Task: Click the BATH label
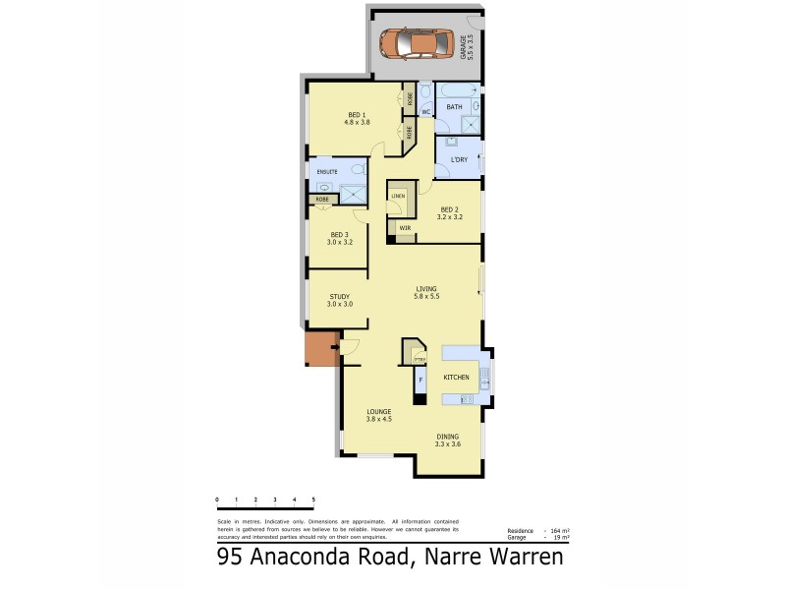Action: (x=454, y=106)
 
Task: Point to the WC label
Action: (x=426, y=112)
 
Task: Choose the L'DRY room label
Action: (x=458, y=159)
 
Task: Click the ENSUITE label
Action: (x=327, y=172)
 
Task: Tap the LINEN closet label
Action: (x=398, y=196)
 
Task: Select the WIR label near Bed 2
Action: (x=404, y=228)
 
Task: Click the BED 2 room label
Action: (x=449, y=211)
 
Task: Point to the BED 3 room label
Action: (x=340, y=238)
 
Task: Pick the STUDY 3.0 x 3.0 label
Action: (x=340, y=300)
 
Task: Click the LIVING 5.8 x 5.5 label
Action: (x=425, y=292)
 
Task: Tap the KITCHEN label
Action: (x=457, y=378)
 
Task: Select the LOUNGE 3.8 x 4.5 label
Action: (x=379, y=415)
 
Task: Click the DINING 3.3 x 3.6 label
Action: (x=447, y=440)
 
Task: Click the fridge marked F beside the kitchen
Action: (x=421, y=379)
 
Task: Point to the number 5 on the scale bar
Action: (x=313, y=501)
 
